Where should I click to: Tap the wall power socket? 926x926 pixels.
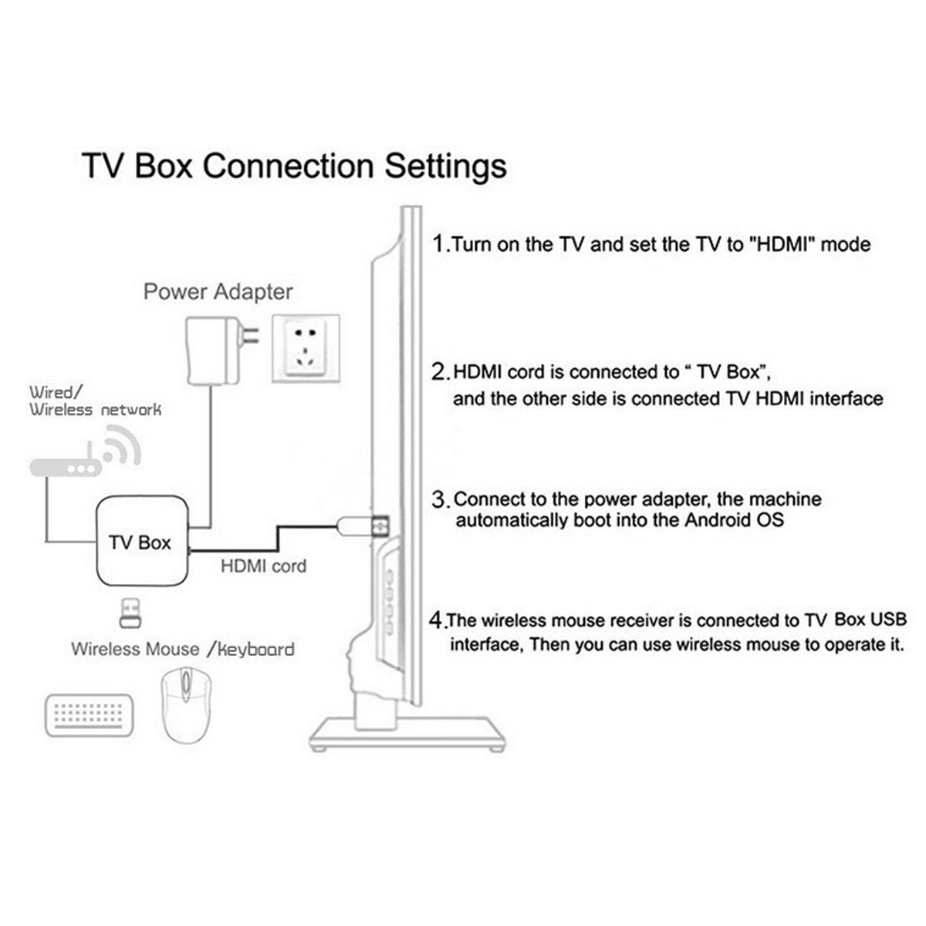[306, 349]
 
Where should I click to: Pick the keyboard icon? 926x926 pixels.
[89, 716]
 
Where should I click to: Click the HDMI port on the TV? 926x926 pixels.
[380, 525]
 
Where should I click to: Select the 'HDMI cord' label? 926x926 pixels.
[263, 566]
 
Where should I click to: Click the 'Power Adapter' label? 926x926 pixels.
[218, 292]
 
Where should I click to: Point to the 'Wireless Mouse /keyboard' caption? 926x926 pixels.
[182, 649]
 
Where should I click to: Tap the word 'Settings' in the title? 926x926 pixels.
[445, 166]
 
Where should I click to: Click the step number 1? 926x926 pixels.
[438, 245]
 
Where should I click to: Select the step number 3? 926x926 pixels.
[439, 499]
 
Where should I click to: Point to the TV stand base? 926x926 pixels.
[407, 733]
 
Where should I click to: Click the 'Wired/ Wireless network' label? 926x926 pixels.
[95, 401]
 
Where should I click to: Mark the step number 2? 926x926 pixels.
[439, 372]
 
